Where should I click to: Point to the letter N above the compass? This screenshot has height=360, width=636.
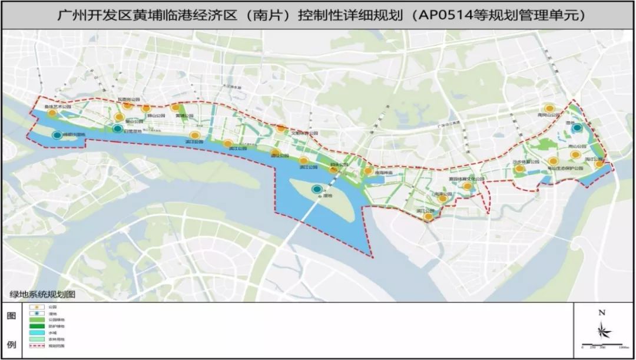pyautogui.click(x=601, y=313)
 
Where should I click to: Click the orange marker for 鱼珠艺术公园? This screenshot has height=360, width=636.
pyautogui.click(x=52, y=113)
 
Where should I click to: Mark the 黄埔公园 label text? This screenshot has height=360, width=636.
pyautogui.click(x=184, y=116)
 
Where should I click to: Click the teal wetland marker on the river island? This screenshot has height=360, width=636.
pyautogui.click(x=317, y=189)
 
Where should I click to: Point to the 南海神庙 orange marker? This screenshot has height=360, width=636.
pyautogui.click(x=368, y=171)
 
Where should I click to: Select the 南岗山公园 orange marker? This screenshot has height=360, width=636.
pyautogui.click(x=549, y=108)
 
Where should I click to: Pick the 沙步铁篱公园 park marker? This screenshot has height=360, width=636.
pyautogui.click(x=519, y=169)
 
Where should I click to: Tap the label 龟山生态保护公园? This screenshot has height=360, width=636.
pyautogui.click(x=564, y=169)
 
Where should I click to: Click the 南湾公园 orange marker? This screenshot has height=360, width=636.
pyautogui.click(x=442, y=199)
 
